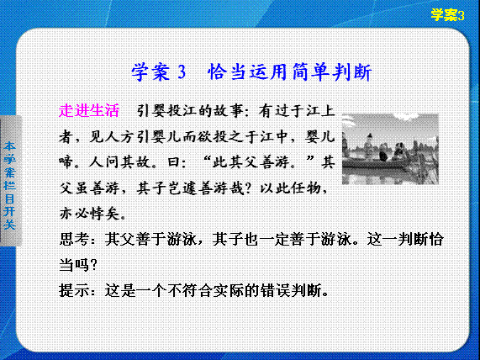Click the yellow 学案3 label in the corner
click(x=447, y=14)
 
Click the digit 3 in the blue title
click(x=182, y=72)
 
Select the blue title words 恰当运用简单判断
click(x=289, y=72)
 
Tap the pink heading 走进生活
click(x=89, y=110)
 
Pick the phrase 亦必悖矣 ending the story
click(x=89, y=214)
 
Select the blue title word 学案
click(x=150, y=72)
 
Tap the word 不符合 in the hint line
click(x=191, y=290)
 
